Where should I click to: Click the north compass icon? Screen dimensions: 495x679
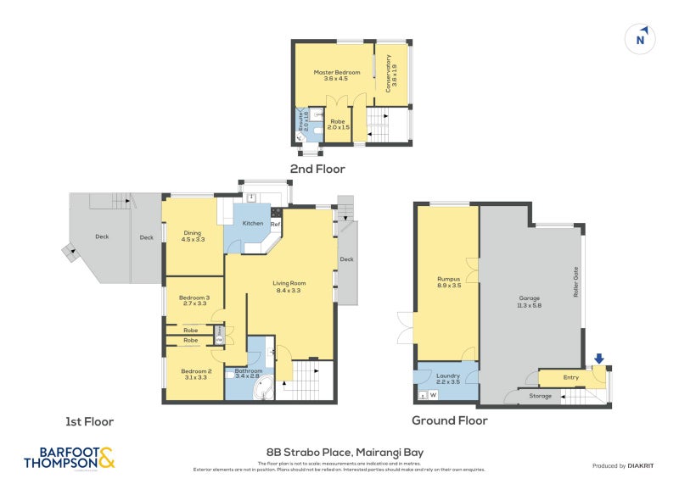point(642,38)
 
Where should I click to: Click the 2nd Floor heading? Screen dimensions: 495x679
point(317,169)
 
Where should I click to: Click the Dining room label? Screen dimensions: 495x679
point(194,236)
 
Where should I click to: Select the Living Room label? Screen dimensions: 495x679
point(289,286)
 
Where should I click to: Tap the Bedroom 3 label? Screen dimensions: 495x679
point(194,301)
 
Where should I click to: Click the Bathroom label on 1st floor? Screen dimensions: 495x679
point(250,374)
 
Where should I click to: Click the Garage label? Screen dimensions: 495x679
point(530,301)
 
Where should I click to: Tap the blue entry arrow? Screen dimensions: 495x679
point(600,360)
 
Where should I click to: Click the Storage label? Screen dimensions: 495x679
point(541,396)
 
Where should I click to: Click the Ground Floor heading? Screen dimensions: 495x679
point(449,420)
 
